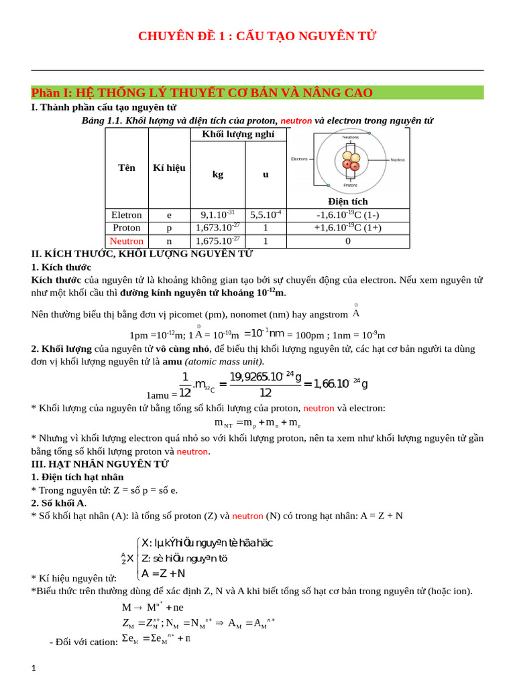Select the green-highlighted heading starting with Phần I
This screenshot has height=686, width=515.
(202, 92)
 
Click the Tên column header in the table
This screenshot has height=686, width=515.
(127, 167)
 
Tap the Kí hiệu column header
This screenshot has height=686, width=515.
(169, 167)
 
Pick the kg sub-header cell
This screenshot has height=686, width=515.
(217, 174)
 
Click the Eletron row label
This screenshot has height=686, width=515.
(127, 215)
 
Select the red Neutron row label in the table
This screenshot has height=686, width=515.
(127, 241)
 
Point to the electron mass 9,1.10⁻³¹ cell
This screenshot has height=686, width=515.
(218, 215)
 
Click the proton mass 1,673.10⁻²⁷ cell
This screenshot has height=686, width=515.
(218, 228)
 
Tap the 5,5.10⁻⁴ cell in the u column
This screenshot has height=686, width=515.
(266, 215)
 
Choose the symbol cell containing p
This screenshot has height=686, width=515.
(169, 228)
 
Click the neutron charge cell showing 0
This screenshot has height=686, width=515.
(348, 241)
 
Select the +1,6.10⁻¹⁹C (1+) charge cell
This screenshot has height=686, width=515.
(348, 228)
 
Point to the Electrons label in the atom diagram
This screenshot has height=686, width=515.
(299, 159)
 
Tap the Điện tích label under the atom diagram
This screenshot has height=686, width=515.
(348, 201)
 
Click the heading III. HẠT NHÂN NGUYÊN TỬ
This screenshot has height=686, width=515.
(100, 464)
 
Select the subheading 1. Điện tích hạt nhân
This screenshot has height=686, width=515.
(78, 476)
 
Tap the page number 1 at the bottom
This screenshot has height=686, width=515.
(34, 668)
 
